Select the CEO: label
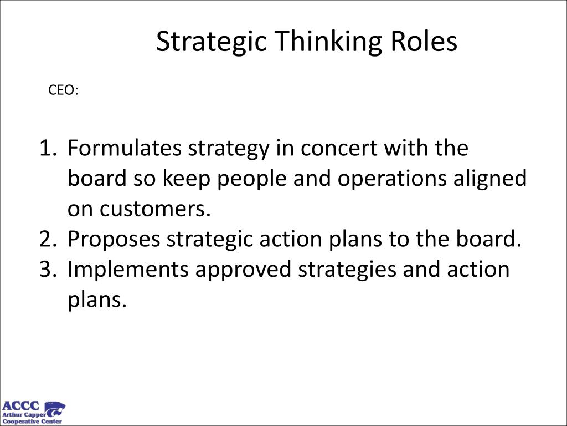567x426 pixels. pos(63,90)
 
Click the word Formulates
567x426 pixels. pos(125,148)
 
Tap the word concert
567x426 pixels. pos(339,149)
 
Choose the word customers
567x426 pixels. pos(155,209)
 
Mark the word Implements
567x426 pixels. pos(128,270)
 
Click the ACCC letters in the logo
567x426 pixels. pos(20,405)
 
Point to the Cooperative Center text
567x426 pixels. pos(32,422)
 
